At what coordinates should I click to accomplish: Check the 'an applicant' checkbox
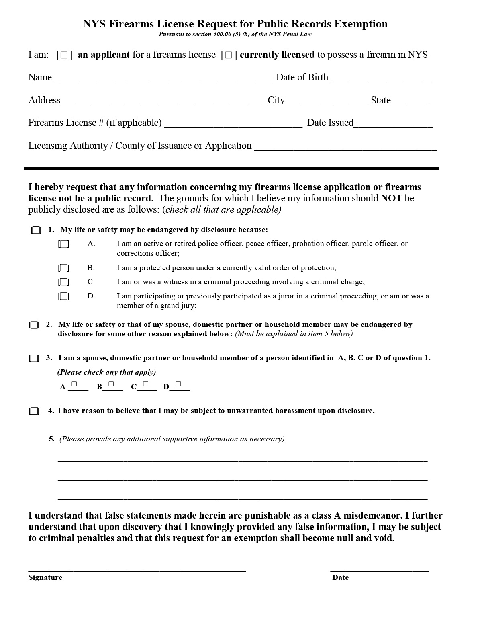pyautogui.click(x=64, y=55)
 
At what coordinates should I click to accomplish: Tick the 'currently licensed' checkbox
pyautogui.click(x=229, y=55)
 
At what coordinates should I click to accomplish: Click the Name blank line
pyautogui.click(x=162, y=78)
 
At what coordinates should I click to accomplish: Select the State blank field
pyautogui.click(x=410, y=101)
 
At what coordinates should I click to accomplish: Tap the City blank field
pyautogui.click(x=326, y=101)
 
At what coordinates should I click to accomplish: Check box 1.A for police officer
pyautogui.click(x=63, y=244)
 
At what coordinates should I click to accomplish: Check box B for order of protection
pyautogui.click(x=63, y=268)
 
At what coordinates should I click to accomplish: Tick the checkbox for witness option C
pyautogui.click(x=63, y=282)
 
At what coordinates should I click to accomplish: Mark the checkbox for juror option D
pyautogui.click(x=63, y=296)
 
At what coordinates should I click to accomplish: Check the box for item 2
pyautogui.click(x=34, y=325)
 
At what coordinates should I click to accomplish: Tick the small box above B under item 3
pyautogui.click(x=111, y=384)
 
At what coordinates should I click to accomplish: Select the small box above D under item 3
pyautogui.click(x=178, y=384)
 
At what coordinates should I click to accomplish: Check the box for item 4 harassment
pyautogui.click(x=34, y=411)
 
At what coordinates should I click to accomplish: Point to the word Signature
pyautogui.click(x=45, y=577)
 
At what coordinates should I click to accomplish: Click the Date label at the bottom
pyautogui.click(x=340, y=577)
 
